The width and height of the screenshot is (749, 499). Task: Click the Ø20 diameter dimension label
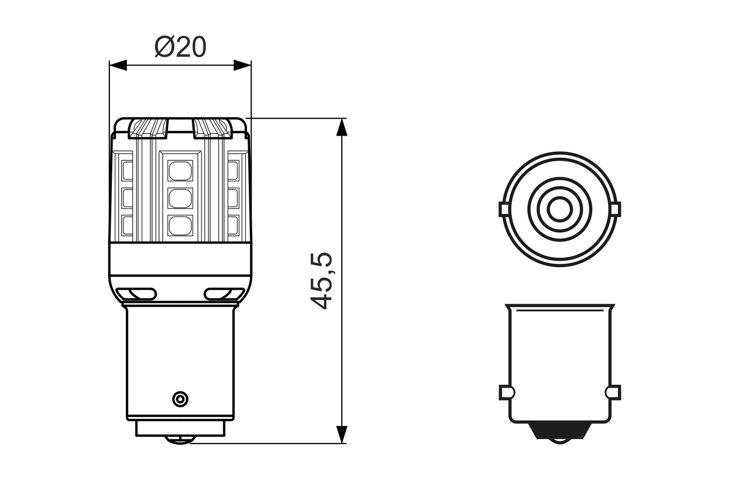pyautogui.click(x=180, y=47)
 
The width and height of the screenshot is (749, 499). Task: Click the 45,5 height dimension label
pyautogui.click(x=321, y=281)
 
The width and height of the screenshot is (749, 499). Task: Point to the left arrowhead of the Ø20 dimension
pyautogui.click(x=118, y=65)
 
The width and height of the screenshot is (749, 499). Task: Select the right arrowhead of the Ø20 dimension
pyautogui.click(x=242, y=65)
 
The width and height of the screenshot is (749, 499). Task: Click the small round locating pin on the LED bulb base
pyautogui.click(x=180, y=399)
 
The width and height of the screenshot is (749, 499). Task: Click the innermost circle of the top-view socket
pyautogui.click(x=559, y=209)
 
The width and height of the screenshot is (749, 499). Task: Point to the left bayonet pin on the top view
pyautogui.click(x=504, y=209)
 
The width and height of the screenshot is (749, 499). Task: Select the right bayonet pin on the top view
pyautogui.click(x=615, y=209)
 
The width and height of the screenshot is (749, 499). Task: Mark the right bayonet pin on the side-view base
pyautogui.click(x=614, y=392)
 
